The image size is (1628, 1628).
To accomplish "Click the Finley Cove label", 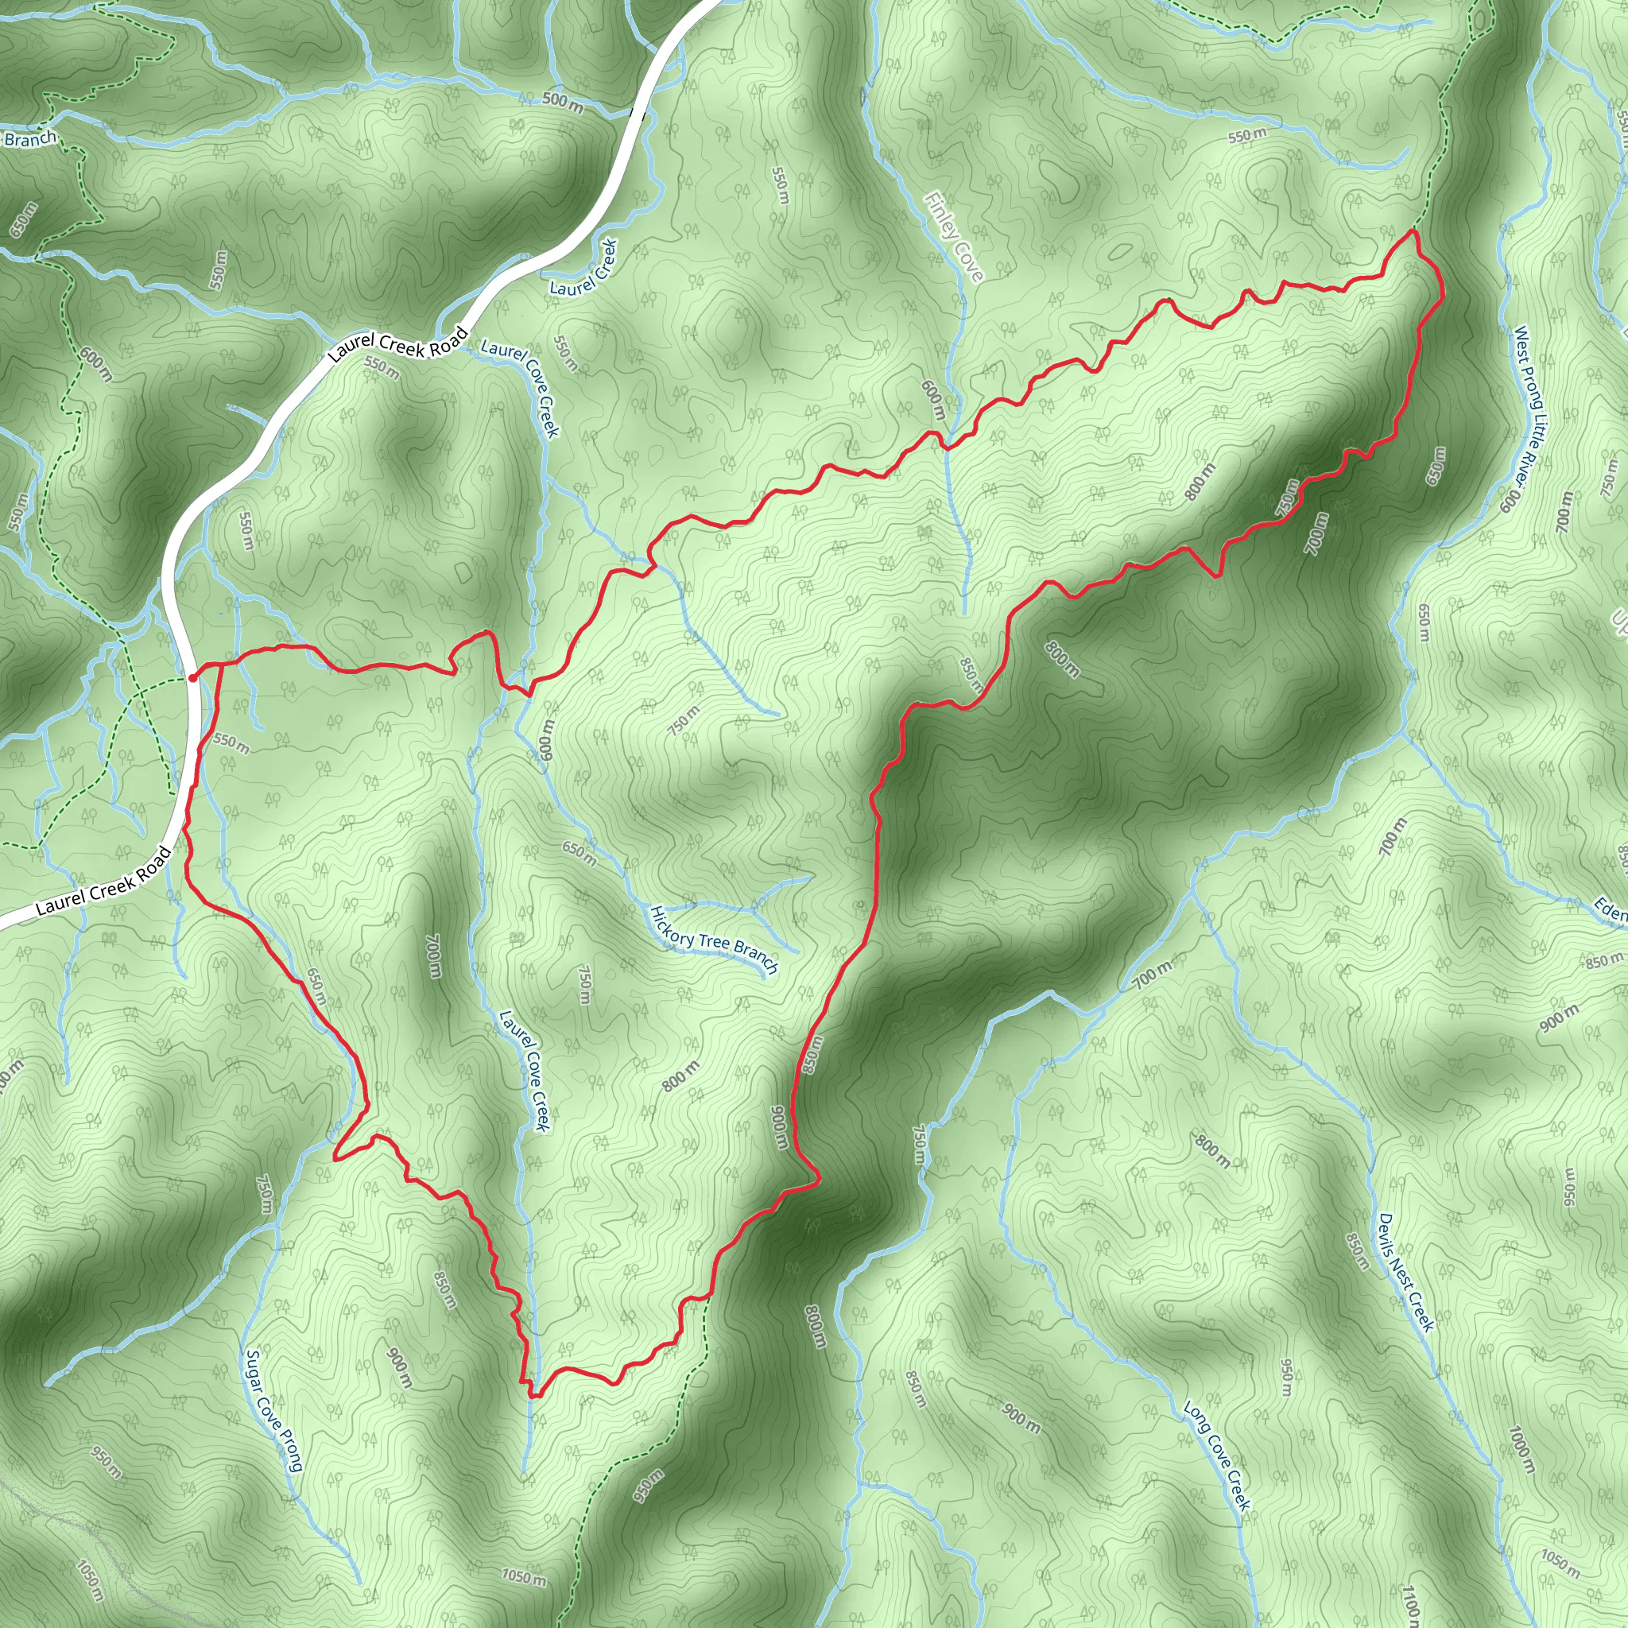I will click(954, 238).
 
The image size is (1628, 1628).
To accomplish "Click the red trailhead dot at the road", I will click(192, 676).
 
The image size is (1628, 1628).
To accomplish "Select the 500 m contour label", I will click(562, 102).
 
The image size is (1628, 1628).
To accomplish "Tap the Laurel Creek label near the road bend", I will click(584, 267).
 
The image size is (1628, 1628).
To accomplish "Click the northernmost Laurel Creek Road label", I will click(397, 345).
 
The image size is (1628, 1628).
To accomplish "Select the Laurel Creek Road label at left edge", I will click(103, 882).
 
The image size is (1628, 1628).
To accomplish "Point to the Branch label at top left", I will click(30, 139).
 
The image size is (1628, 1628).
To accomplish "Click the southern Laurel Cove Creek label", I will click(524, 1071).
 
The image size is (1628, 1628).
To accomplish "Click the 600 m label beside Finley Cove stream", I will click(932, 401).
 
